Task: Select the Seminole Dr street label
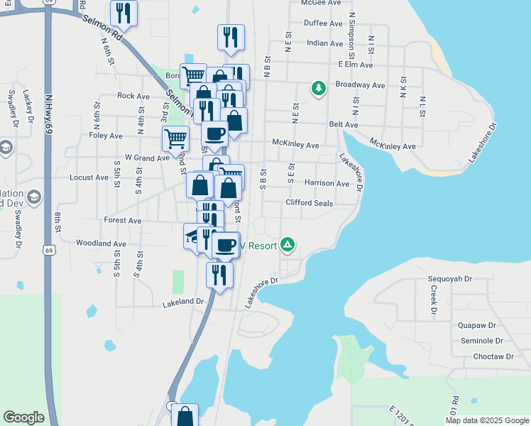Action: click(477, 341)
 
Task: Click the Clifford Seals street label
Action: click(309, 203)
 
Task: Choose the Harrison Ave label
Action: click(327, 183)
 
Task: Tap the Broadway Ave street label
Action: click(360, 85)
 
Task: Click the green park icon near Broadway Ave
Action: click(319, 88)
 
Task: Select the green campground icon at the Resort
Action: click(288, 246)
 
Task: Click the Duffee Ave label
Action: click(324, 23)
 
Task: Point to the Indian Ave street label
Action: click(325, 43)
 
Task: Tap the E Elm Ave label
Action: click(356, 64)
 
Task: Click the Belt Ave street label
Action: click(343, 124)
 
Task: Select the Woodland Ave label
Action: click(101, 244)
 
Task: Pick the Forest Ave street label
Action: click(122, 221)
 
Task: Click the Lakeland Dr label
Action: click(182, 302)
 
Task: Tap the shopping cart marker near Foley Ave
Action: click(175, 138)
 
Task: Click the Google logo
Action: click(23, 417)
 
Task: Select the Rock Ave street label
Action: click(133, 96)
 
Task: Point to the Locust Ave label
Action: click(87, 177)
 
